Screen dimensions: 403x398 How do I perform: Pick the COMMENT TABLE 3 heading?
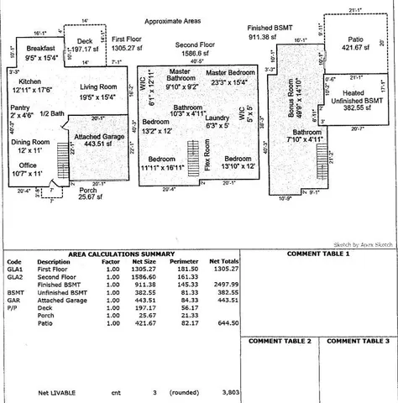[358, 342]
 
